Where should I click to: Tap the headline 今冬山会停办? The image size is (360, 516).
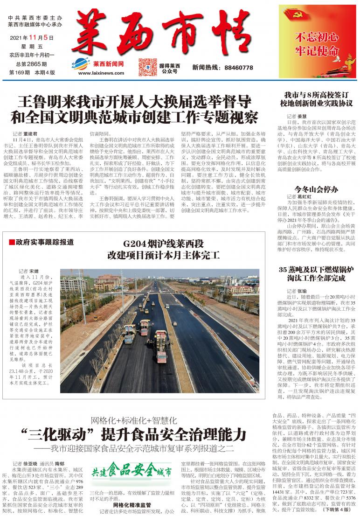(x=316, y=189)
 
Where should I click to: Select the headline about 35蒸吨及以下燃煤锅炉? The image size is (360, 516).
(x=316, y=275)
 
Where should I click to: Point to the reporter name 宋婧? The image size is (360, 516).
(x=34, y=271)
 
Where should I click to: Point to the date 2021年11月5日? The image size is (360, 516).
(x=32, y=37)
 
